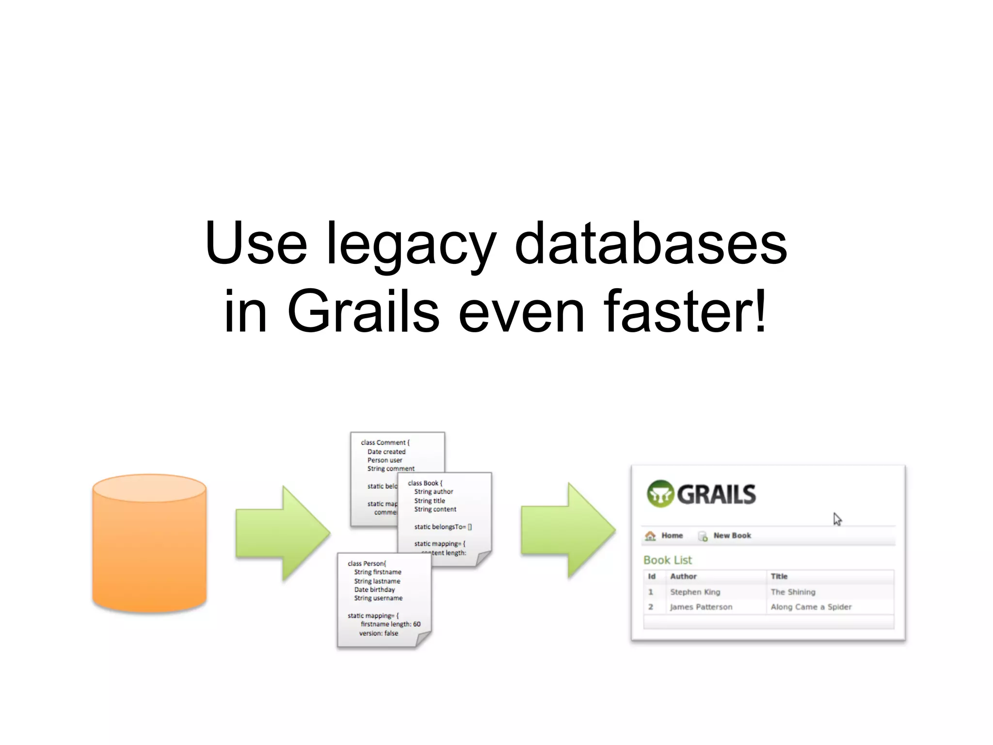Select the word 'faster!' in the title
(x=685, y=311)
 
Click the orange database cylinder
(x=149, y=543)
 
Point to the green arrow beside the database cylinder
(x=282, y=533)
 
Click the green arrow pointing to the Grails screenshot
(x=568, y=530)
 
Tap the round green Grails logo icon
(x=660, y=494)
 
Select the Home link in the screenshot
(x=672, y=535)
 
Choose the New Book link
(x=732, y=535)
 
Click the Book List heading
(x=667, y=560)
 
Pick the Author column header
(x=683, y=576)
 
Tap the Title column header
(x=779, y=576)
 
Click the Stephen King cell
(x=695, y=592)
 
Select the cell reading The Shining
(x=793, y=592)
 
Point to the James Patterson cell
(x=701, y=607)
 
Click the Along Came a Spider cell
(x=811, y=607)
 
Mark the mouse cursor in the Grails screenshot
(x=837, y=519)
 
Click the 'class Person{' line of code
(x=367, y=564)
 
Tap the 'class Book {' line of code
(x=425, y=483)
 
